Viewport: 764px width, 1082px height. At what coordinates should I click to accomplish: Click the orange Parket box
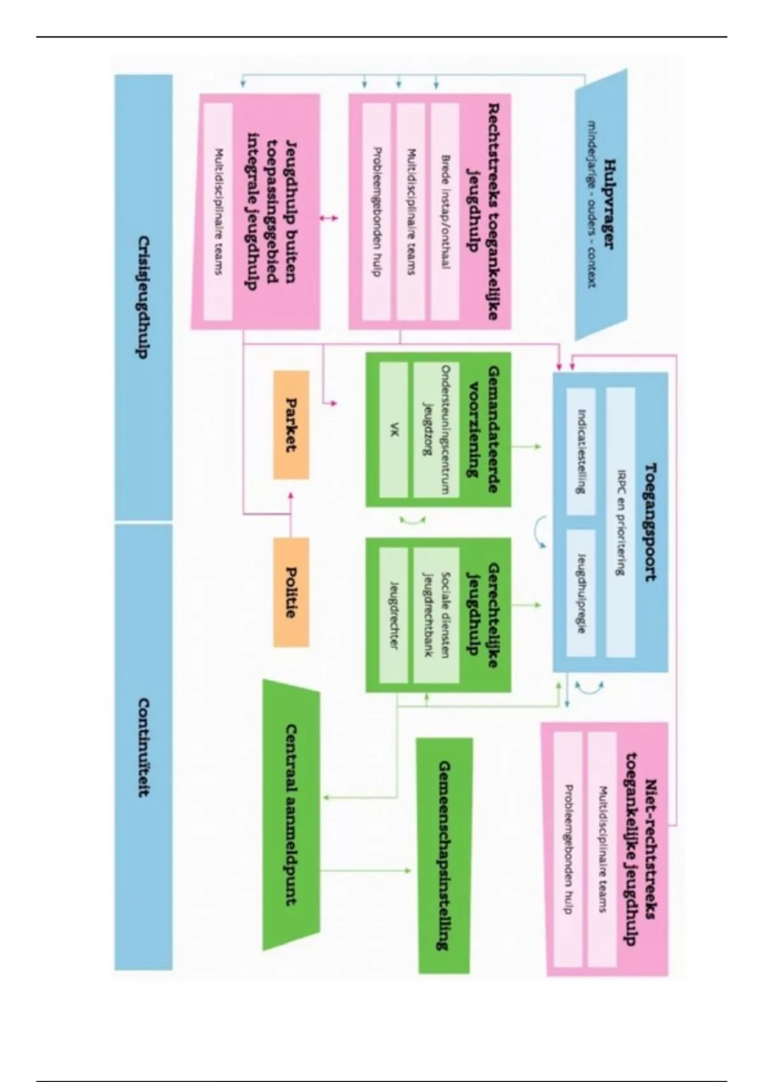pos(291,425)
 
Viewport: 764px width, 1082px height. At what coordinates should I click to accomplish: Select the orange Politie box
pos(291,592)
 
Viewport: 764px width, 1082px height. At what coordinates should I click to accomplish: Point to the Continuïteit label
pos(144,748)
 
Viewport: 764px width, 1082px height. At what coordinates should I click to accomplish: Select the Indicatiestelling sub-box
pos(581,451)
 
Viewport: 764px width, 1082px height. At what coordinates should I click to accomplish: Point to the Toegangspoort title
pos(651,522)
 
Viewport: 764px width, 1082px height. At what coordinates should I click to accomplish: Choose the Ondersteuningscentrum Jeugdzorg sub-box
pos(436,430)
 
